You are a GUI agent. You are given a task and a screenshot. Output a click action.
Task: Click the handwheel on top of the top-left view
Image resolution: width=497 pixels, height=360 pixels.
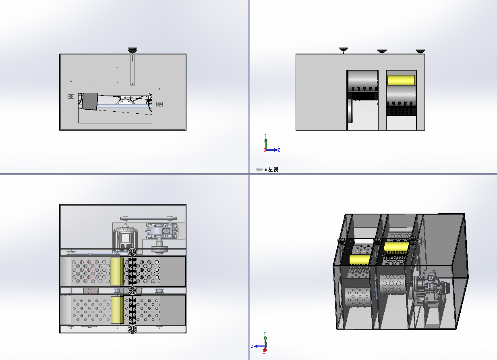point(132,50)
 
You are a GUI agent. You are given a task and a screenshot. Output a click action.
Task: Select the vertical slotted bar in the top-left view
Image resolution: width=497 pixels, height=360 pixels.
point(133,71)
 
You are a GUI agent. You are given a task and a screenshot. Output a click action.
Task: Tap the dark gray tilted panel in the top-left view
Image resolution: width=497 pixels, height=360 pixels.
point(90,101)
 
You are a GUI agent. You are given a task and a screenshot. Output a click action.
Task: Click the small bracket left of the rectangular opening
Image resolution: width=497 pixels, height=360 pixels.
point(71,96)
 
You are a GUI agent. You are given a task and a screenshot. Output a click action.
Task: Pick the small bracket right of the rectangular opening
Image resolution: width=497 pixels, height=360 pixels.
point(159,104)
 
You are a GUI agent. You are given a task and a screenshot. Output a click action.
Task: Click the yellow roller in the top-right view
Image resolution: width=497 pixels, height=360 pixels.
point(401,80)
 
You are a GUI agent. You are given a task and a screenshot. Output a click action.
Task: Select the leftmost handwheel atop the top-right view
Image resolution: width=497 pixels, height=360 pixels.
point(344,50)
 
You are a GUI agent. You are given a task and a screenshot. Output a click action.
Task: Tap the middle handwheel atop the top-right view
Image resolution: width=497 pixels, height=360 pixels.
point(382,51)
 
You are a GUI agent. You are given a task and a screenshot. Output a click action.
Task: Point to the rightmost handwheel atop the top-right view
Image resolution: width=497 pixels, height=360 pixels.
point(420,51)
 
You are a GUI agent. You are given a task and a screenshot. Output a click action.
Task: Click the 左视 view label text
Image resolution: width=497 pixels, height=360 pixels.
point(273,169)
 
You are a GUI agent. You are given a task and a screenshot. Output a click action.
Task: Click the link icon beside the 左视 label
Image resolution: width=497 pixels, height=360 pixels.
point(259,169)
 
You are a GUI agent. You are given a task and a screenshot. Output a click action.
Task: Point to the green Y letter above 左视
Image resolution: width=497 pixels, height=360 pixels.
point(265,135)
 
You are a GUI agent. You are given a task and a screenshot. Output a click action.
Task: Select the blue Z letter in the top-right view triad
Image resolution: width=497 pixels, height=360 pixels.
point(279,150)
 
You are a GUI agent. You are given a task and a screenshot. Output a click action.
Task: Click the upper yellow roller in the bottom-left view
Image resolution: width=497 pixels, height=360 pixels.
point(117,271)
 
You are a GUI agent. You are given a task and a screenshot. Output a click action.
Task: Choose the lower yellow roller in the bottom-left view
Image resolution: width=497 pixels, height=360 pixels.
point(117,310)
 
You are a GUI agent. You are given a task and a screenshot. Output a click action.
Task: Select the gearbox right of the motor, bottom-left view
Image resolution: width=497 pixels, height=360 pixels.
point(162,231)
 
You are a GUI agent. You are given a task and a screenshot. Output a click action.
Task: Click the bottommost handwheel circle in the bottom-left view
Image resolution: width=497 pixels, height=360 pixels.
point(133,329)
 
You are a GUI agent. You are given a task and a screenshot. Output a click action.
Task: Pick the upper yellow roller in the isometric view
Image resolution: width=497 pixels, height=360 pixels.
point(396,248)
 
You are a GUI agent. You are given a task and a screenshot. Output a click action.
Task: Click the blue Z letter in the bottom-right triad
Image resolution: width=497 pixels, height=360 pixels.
point(252,346)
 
